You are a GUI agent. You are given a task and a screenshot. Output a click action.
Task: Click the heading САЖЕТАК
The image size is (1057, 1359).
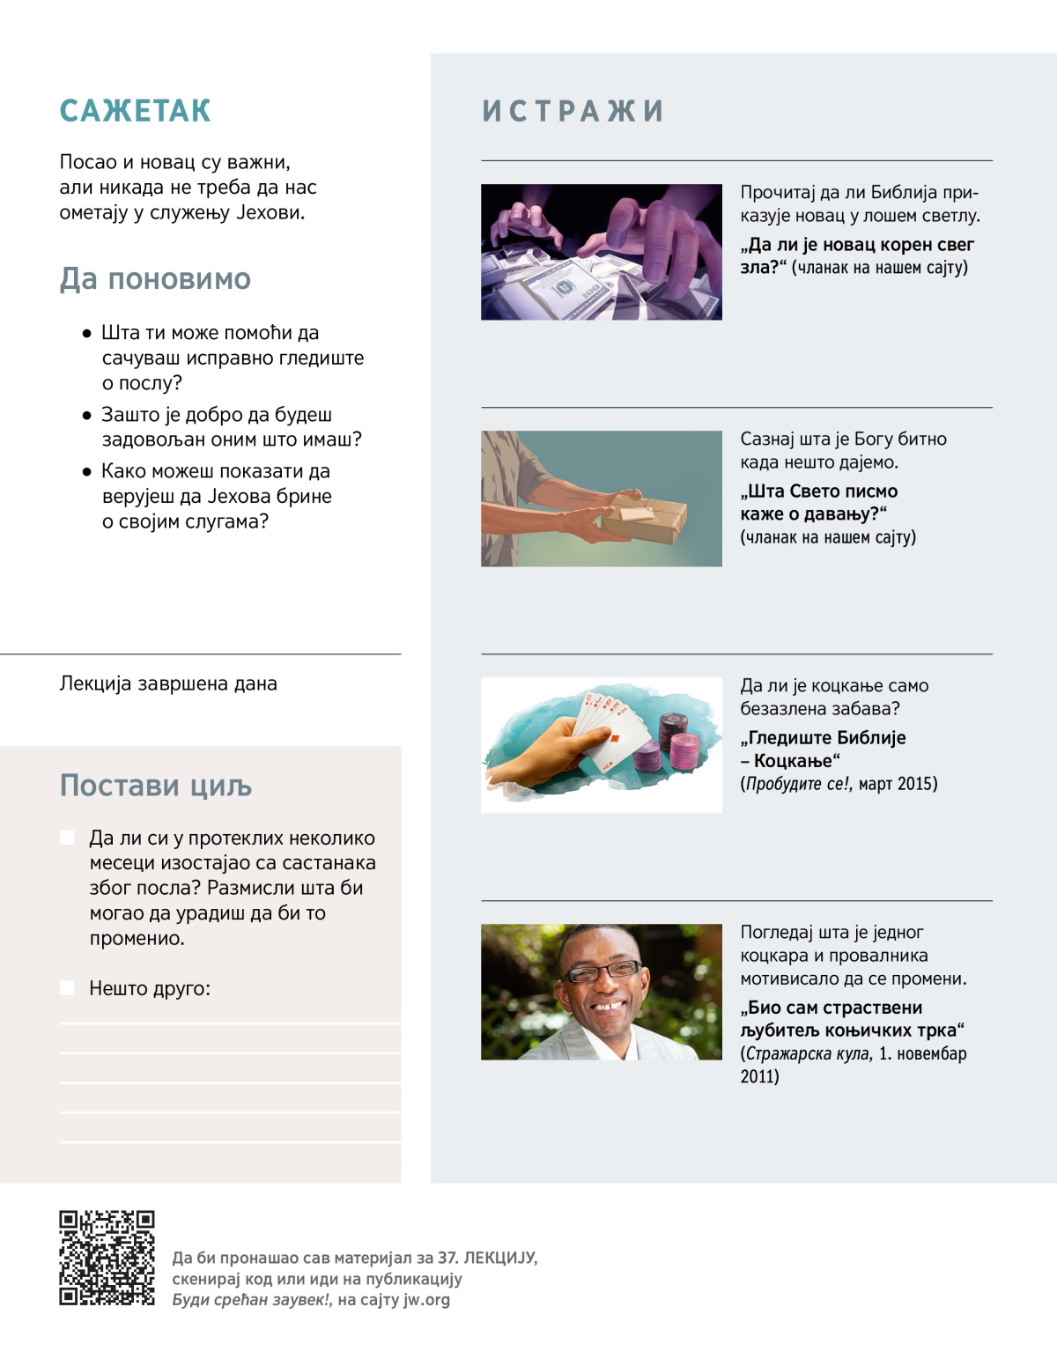pyautogui.click(x=135, y=111)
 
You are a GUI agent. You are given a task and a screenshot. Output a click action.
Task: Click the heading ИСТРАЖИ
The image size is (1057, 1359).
pyautogui.click(x=573, y=111)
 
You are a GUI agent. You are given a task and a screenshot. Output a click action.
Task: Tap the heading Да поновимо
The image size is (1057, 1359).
pyautogui.click(x=155, y=279)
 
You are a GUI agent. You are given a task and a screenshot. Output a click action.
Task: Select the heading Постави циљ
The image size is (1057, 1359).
pyautogui.click(x=156, y=786)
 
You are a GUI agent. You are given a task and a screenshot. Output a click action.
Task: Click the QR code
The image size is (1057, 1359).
pyautogui.click(x=107, y=1258)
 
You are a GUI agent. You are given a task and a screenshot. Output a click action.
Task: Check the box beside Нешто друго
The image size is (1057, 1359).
pyautogui.click(x=68, y=988)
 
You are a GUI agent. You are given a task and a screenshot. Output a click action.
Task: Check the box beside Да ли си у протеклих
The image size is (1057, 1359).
pyautogui.click(x=68, y=838)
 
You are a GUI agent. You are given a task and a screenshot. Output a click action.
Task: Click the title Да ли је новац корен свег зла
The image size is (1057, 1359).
pyautogui.click(x=856, y=255)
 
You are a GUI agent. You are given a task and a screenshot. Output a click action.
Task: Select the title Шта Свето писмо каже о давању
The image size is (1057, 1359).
pyautogui.click(x=818, y=502)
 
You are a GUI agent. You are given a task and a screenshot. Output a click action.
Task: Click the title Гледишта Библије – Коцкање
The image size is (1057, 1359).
pyautogui.click(x=823, y=749)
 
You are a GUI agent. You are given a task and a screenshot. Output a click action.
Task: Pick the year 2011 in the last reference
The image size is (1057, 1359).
pyautogui.click(x=759, y=1076)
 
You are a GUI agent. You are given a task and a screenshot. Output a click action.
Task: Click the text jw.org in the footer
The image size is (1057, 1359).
pyautogui.click(x=426, y=1299)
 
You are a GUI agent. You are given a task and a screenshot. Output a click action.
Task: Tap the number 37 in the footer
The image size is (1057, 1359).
pyautogui.click(x=447, y=1258)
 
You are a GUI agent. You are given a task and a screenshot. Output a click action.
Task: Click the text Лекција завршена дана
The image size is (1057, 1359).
pyautogui.click(x=168, y=683)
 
